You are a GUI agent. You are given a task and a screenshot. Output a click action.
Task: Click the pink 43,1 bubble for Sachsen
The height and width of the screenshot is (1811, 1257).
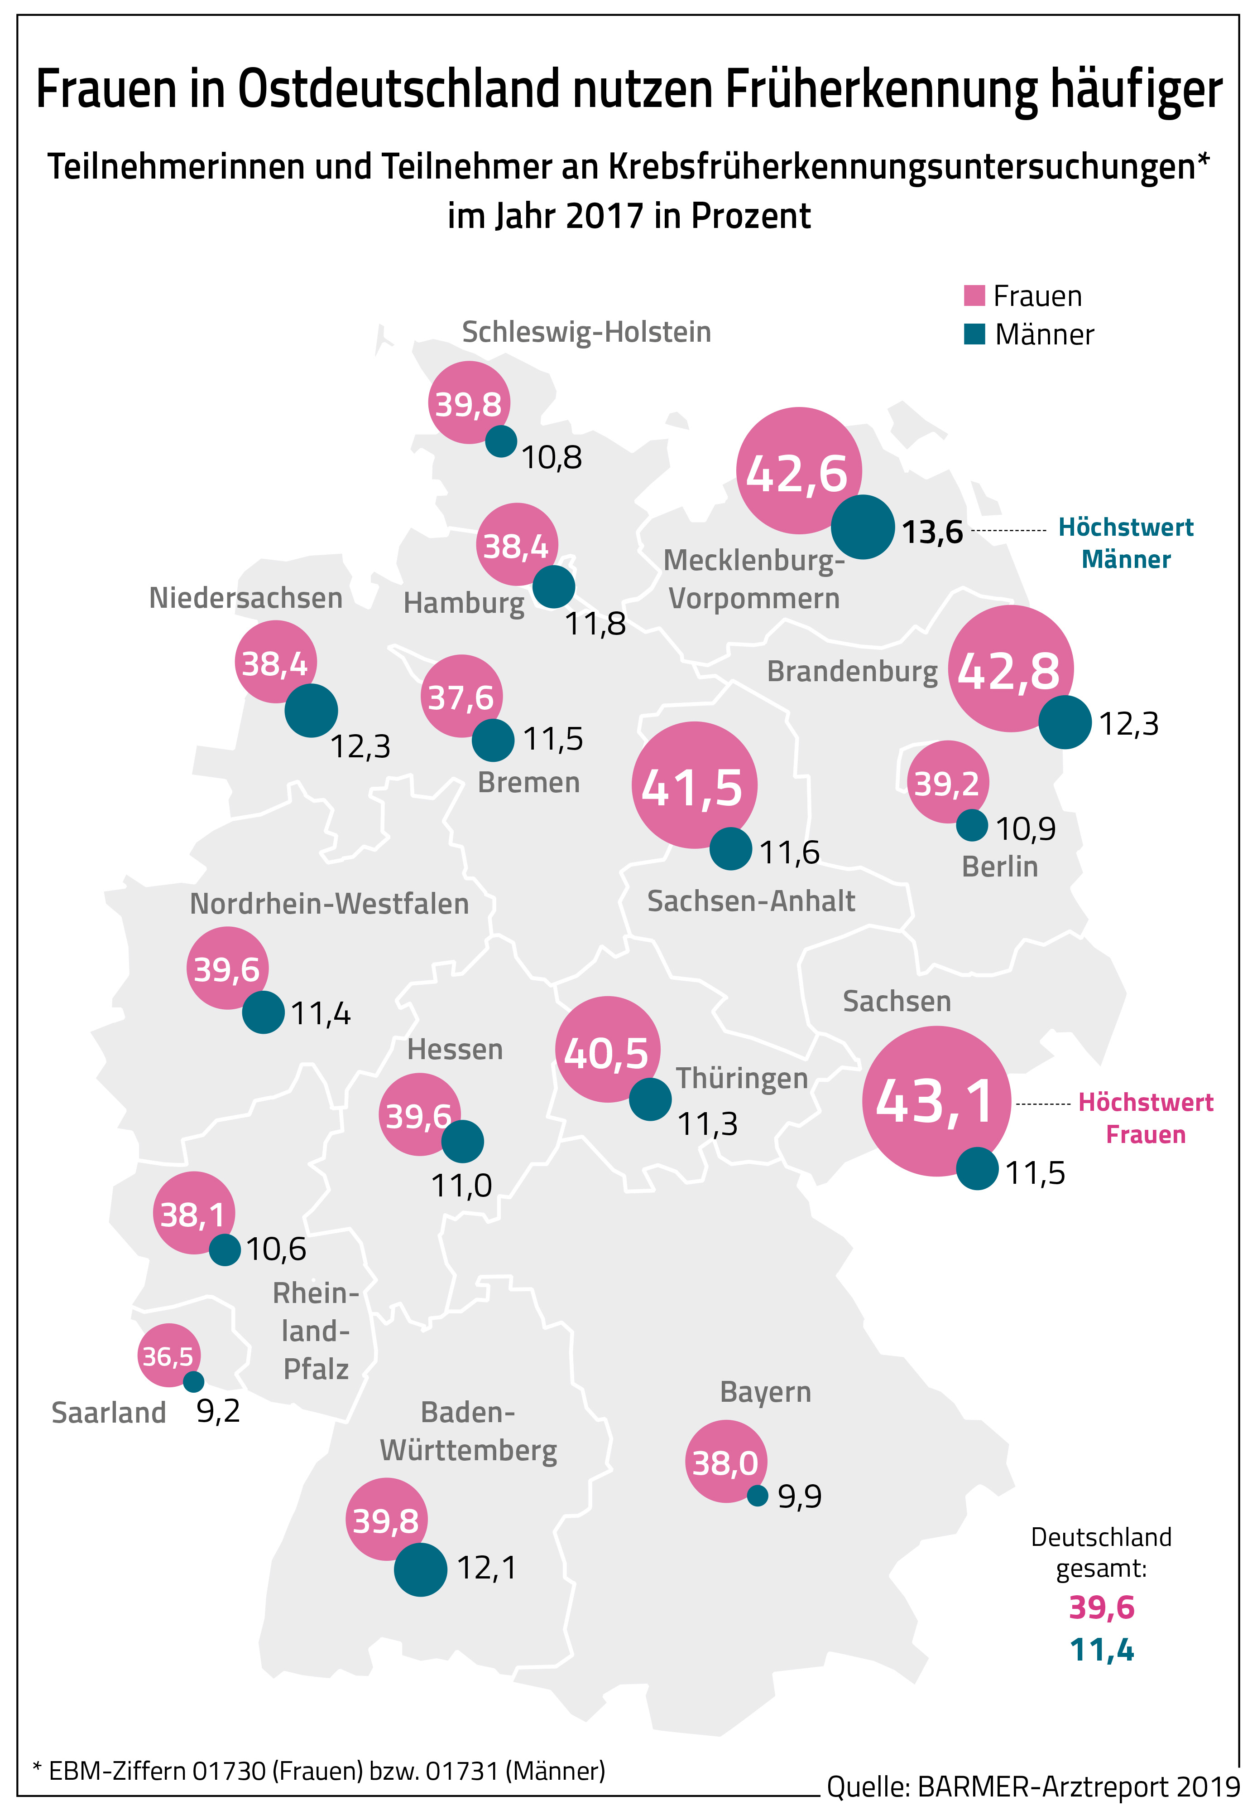pos(936,1100)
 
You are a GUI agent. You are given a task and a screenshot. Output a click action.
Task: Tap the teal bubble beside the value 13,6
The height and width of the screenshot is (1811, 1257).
pos(863,527)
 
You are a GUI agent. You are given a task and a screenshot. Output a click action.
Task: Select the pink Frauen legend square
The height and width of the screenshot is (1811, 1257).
pos(974,295)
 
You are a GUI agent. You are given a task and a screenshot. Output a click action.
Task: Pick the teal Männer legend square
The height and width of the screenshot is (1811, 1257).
pos(974,334)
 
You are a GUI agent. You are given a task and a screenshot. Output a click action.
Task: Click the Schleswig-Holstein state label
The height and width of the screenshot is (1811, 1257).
pos(586,332)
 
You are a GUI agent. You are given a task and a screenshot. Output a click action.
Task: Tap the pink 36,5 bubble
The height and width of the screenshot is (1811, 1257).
pos(168,1356)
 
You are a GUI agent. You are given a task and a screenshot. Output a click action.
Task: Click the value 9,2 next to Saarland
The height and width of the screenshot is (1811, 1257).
pos(218,1411)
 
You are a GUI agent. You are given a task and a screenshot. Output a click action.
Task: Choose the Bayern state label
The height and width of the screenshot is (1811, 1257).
pos(765,1392)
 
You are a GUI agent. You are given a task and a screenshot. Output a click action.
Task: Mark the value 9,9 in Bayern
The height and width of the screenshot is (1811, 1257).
pos(799,1496)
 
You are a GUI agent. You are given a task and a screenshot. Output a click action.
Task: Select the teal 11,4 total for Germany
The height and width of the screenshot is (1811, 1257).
pos(1101,1650)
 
